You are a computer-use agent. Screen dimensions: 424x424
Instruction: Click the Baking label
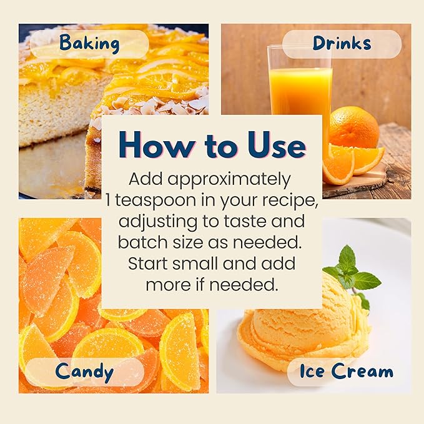click(89, 44)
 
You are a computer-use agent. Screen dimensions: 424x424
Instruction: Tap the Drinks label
click(342, 43)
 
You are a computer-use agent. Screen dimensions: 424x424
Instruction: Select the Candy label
click(84, 372)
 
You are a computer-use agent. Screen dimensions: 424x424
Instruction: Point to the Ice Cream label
click(347, 371)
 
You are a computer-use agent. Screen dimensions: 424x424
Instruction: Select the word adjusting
click(158, 222)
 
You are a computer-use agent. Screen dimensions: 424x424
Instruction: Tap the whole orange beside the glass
click(354, 127)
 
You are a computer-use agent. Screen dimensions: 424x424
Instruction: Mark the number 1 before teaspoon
click(108, 200)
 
